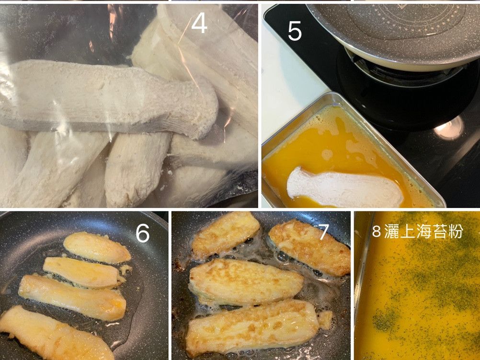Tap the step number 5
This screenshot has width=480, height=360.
pos(295,31)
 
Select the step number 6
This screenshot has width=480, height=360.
pos(142,233)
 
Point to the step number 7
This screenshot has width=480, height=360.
pos(323,232)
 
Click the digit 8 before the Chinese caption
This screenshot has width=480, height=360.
pos(376,232)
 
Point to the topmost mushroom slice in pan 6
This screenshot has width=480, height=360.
pos(97,247)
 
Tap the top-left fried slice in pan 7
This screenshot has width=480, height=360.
pos(225,235)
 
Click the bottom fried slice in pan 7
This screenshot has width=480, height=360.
pos(251,328)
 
